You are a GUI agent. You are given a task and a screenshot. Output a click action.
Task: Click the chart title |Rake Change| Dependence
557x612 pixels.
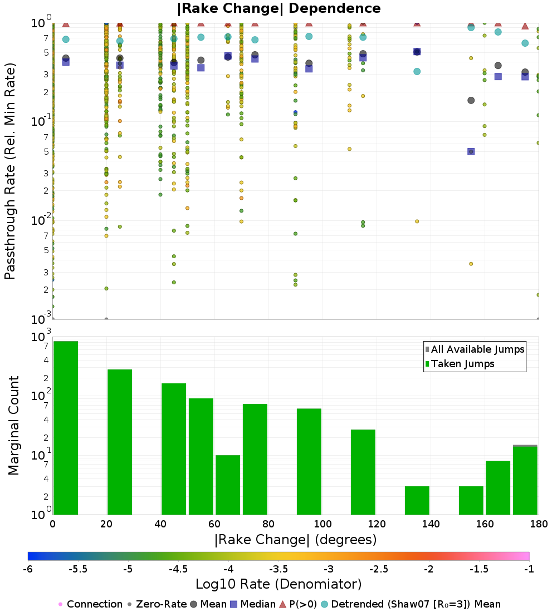(278, 8)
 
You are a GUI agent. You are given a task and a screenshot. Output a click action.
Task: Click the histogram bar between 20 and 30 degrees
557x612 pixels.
(120, 442)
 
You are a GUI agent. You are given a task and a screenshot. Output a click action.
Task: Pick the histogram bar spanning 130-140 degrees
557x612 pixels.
(417, 500)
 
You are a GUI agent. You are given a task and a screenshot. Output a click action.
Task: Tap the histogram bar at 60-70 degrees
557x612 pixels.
(228, 485)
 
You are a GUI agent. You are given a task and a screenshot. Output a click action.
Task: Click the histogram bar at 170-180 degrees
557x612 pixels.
(525, 480)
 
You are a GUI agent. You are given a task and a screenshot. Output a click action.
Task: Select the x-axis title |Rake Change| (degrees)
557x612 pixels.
(295, 540)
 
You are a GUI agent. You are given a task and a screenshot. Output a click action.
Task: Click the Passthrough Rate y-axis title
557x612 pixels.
(10, 171)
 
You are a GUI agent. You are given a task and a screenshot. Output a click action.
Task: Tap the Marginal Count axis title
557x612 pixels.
(13, 426)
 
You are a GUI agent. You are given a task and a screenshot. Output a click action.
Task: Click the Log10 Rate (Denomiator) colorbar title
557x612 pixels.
(278, 584)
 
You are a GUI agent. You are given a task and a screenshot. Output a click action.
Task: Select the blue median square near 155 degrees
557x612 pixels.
(471, 151)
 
